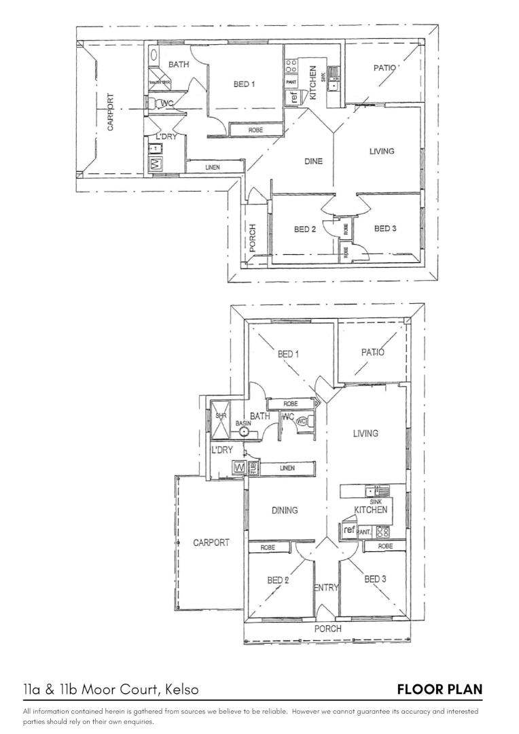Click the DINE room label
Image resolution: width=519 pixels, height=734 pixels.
click(x=313, y=161)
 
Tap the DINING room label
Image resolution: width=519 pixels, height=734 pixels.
click(x=285, y=510)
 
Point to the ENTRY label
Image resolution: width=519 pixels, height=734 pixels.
click(x=326, y=588)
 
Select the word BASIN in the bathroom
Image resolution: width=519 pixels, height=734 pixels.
click(x=243, y=423)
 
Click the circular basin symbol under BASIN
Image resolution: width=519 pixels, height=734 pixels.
click(x=244, y=432)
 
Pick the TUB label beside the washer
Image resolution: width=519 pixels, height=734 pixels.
click(x=253, y=468)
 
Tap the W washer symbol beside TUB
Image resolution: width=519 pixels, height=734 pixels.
click(x=239, y=468)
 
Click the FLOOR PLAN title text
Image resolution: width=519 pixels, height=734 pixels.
click(x=440, y=689)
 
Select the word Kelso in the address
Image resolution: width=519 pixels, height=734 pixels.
click(x=181, y=689)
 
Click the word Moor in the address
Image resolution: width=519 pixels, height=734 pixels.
click(x=98, y=689)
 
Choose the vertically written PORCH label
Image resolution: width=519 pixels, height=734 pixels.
click(x=252, y=238)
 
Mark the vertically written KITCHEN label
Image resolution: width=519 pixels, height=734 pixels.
click(x=312, y=83)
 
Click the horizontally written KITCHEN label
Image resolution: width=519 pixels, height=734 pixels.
click(x=370, y=510)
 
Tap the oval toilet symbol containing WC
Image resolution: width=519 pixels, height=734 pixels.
click(x=301, y=421)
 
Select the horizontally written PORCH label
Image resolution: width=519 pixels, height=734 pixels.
click(x=327, y=629)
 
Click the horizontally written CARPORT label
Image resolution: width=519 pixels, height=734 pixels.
click(x=211, y=542)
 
